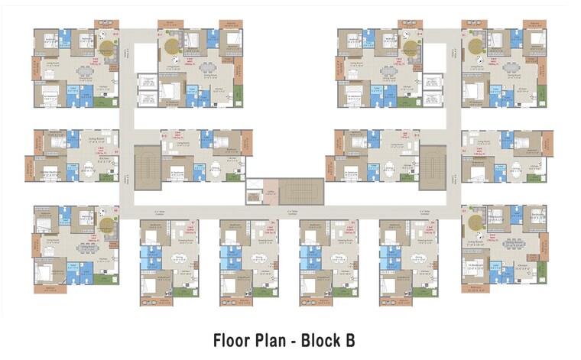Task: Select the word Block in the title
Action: point(323,340)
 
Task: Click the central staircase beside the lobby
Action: point(300,190)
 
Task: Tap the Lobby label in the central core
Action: point(270,193)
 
